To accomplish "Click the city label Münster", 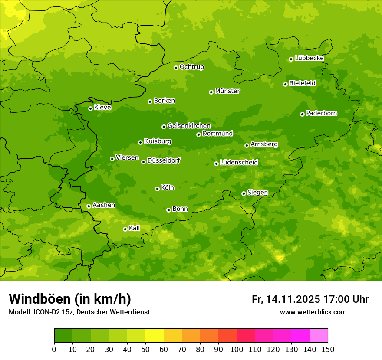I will (227, 91).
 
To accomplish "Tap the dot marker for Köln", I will (157, 189).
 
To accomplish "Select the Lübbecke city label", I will (309, 58).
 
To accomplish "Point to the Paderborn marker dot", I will (302, 114).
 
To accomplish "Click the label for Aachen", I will (104, 205).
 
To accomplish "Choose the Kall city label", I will (135, 228).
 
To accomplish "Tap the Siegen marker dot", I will (244, 193).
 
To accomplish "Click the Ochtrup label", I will (192, 67).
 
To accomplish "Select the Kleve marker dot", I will (90, 108).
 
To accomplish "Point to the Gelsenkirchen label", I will (189, 126).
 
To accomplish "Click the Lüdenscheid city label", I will (239, 163).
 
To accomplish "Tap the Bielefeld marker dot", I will (285, 84).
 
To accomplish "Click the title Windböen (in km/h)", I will (70, 299).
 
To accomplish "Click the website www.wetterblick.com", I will (313, 312).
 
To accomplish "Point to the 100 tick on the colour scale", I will (237, 349).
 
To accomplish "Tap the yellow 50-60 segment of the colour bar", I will (155, 336).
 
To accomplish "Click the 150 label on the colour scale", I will (328, 349).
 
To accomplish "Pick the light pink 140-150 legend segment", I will (319, 336).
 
